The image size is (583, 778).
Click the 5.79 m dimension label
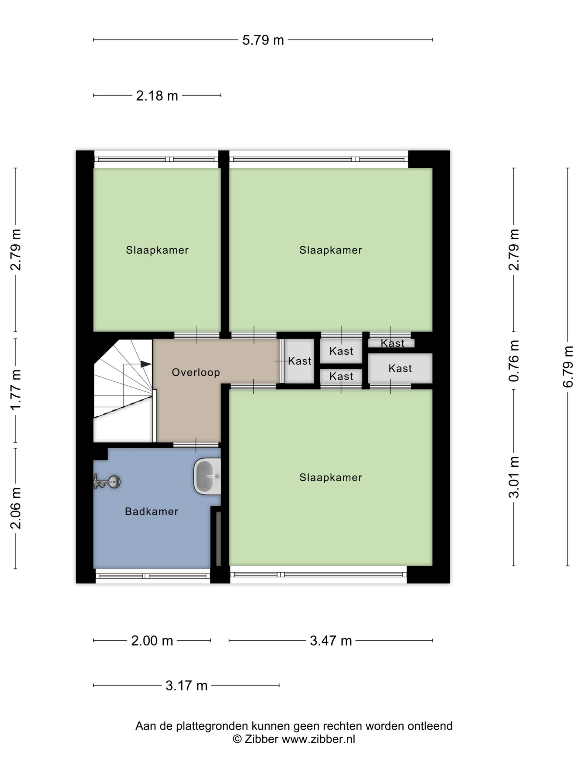click(x=263, y=40)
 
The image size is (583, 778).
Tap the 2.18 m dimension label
click(x=157, y=96)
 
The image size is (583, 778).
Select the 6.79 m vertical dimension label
click(x=568, y=367)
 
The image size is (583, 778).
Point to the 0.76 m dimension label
click(x=513, y=361)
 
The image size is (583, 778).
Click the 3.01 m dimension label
click(x=513, y=477)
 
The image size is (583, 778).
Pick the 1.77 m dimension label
click(x=15, y=390)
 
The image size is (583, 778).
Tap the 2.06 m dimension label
click(x=15, y=508)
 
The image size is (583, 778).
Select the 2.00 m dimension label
click(x=152, y=641)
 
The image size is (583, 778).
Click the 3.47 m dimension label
click(x=331, y=641)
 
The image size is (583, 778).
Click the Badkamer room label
click(x=152, y=511)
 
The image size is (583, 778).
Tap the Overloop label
click(x=196, y=373)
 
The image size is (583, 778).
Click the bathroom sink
click(x=207, y=477)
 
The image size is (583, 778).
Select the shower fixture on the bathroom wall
click(x=107, y=481)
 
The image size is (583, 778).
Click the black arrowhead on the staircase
click(x=146, y=364)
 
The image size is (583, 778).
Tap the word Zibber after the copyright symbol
click(x=261, y=739)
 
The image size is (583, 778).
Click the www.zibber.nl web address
click(x=319, y=739)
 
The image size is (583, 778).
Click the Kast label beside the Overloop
click(x=299, y=361)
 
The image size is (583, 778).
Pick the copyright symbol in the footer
click(x=237, y=739)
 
